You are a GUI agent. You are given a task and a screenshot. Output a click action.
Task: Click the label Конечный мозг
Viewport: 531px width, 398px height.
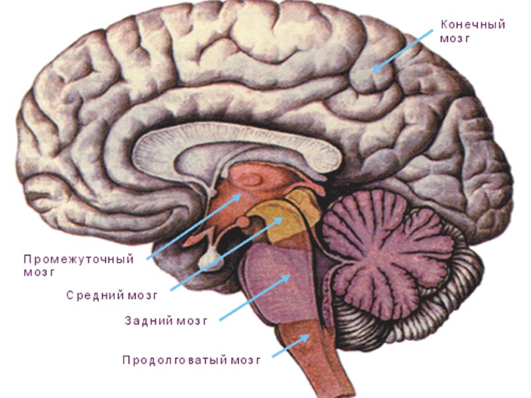tap(473, 32)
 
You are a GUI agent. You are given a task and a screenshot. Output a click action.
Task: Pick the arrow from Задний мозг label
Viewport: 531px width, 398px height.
tap(256, 295)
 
